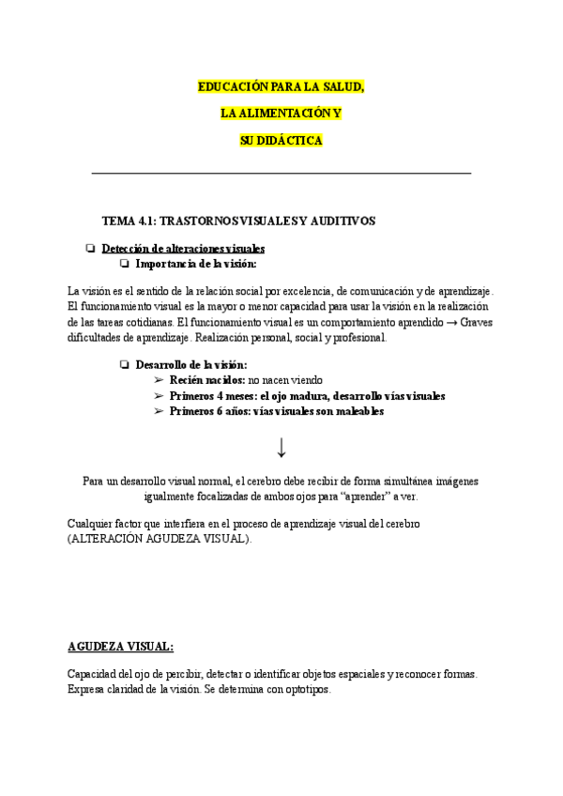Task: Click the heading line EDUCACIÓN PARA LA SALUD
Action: coord(281,86)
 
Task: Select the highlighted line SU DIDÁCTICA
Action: coord(281,140)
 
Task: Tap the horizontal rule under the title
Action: coord(281,173)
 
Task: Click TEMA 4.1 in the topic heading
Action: coord(129,221)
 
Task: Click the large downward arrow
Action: coord(281,447)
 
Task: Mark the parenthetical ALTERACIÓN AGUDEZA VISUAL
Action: coord(160,539)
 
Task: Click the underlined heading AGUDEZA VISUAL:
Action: coord(121,647)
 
